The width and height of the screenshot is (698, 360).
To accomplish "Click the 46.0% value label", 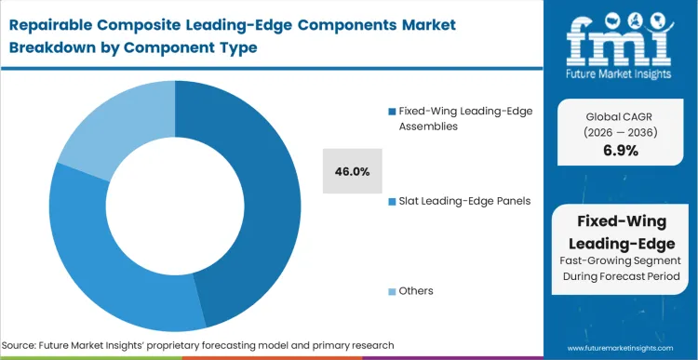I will pos(353,171).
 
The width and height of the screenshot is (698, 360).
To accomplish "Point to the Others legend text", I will pos(416,291).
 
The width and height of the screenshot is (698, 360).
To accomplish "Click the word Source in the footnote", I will pos(23,344).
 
